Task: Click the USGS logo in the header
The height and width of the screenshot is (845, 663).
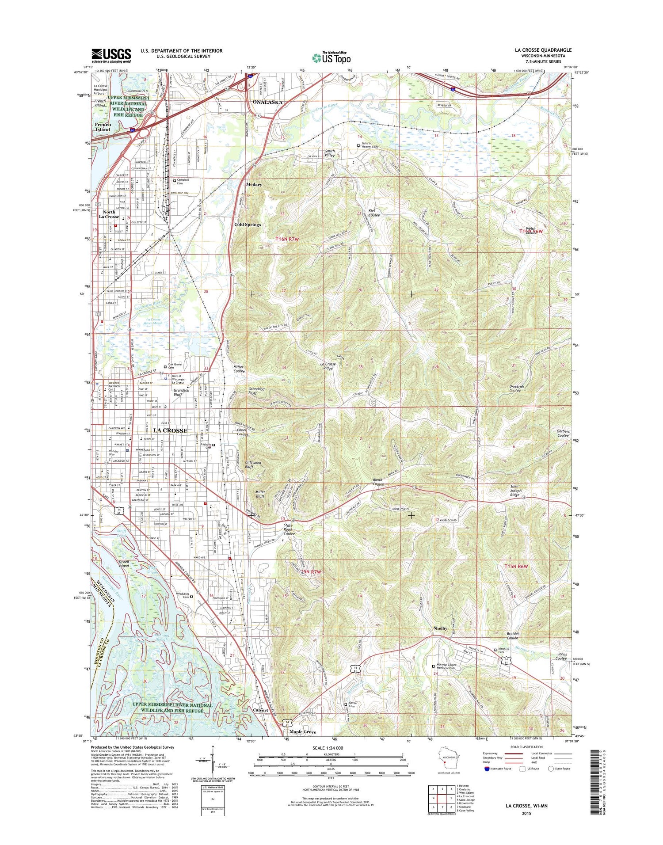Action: (111, 55)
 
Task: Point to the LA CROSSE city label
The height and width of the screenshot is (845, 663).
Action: (170, 430)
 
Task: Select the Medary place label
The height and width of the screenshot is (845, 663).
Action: (254, 184)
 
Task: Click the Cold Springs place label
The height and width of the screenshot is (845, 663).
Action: (248, 225)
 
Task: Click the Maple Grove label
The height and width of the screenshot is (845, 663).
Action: (303, 732)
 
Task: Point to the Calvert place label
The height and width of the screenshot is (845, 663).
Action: (260, 710)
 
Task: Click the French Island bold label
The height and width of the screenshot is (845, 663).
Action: (103, 127)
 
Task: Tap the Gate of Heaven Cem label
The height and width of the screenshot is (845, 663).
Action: (370, 145)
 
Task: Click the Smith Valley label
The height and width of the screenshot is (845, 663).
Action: (329, 153)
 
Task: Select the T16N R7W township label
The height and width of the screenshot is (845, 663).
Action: (287, 239)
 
